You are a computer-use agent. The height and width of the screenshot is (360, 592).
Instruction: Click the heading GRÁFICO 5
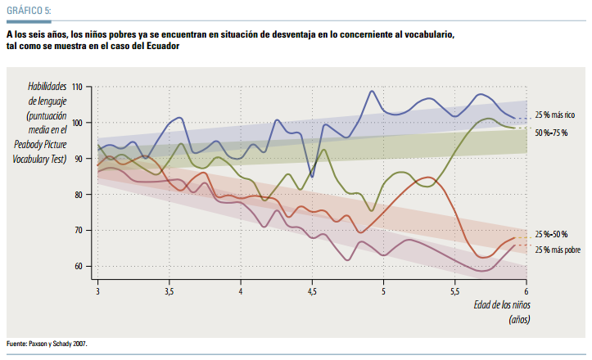tap(29, 11)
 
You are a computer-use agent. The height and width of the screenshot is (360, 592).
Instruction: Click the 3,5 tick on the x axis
tap(169, 290)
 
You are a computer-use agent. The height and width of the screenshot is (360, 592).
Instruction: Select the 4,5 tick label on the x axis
tap(312, 290)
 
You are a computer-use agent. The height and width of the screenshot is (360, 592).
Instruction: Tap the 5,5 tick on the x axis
tap(454, 290)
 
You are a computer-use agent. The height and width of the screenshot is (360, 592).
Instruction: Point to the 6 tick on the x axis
tap(526, 290)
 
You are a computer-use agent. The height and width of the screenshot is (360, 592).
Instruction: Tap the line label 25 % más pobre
tap(558, 250)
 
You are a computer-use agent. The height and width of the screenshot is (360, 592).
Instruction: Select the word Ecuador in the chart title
tap(161, 47)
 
